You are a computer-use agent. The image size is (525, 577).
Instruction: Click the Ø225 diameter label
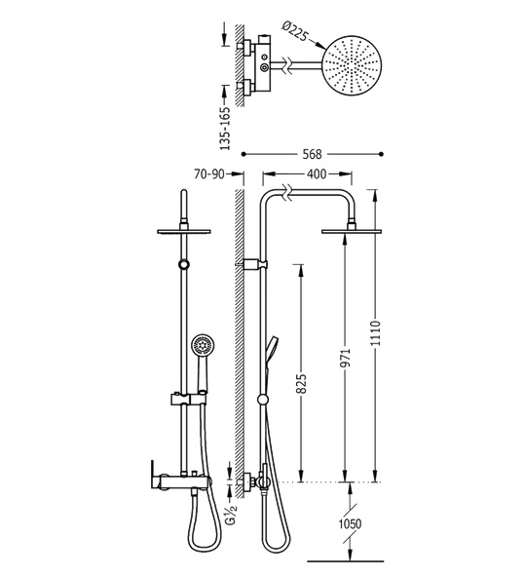point(294,31)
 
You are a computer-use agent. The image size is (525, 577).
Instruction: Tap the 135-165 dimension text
point(225,128)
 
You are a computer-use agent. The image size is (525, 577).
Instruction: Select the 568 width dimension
point(312,154)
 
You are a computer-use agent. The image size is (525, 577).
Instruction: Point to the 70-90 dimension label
point(208,173)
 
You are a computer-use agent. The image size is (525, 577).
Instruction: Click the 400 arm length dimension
point(317,173)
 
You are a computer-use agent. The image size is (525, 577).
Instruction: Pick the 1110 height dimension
point(375,333)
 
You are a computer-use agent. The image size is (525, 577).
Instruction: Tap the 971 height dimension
point(346,358)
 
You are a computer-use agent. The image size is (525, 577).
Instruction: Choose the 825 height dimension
point(301,384)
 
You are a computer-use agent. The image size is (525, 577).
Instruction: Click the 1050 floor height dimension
point(350,523)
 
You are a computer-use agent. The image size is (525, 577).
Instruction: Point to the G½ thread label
point(233,512)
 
